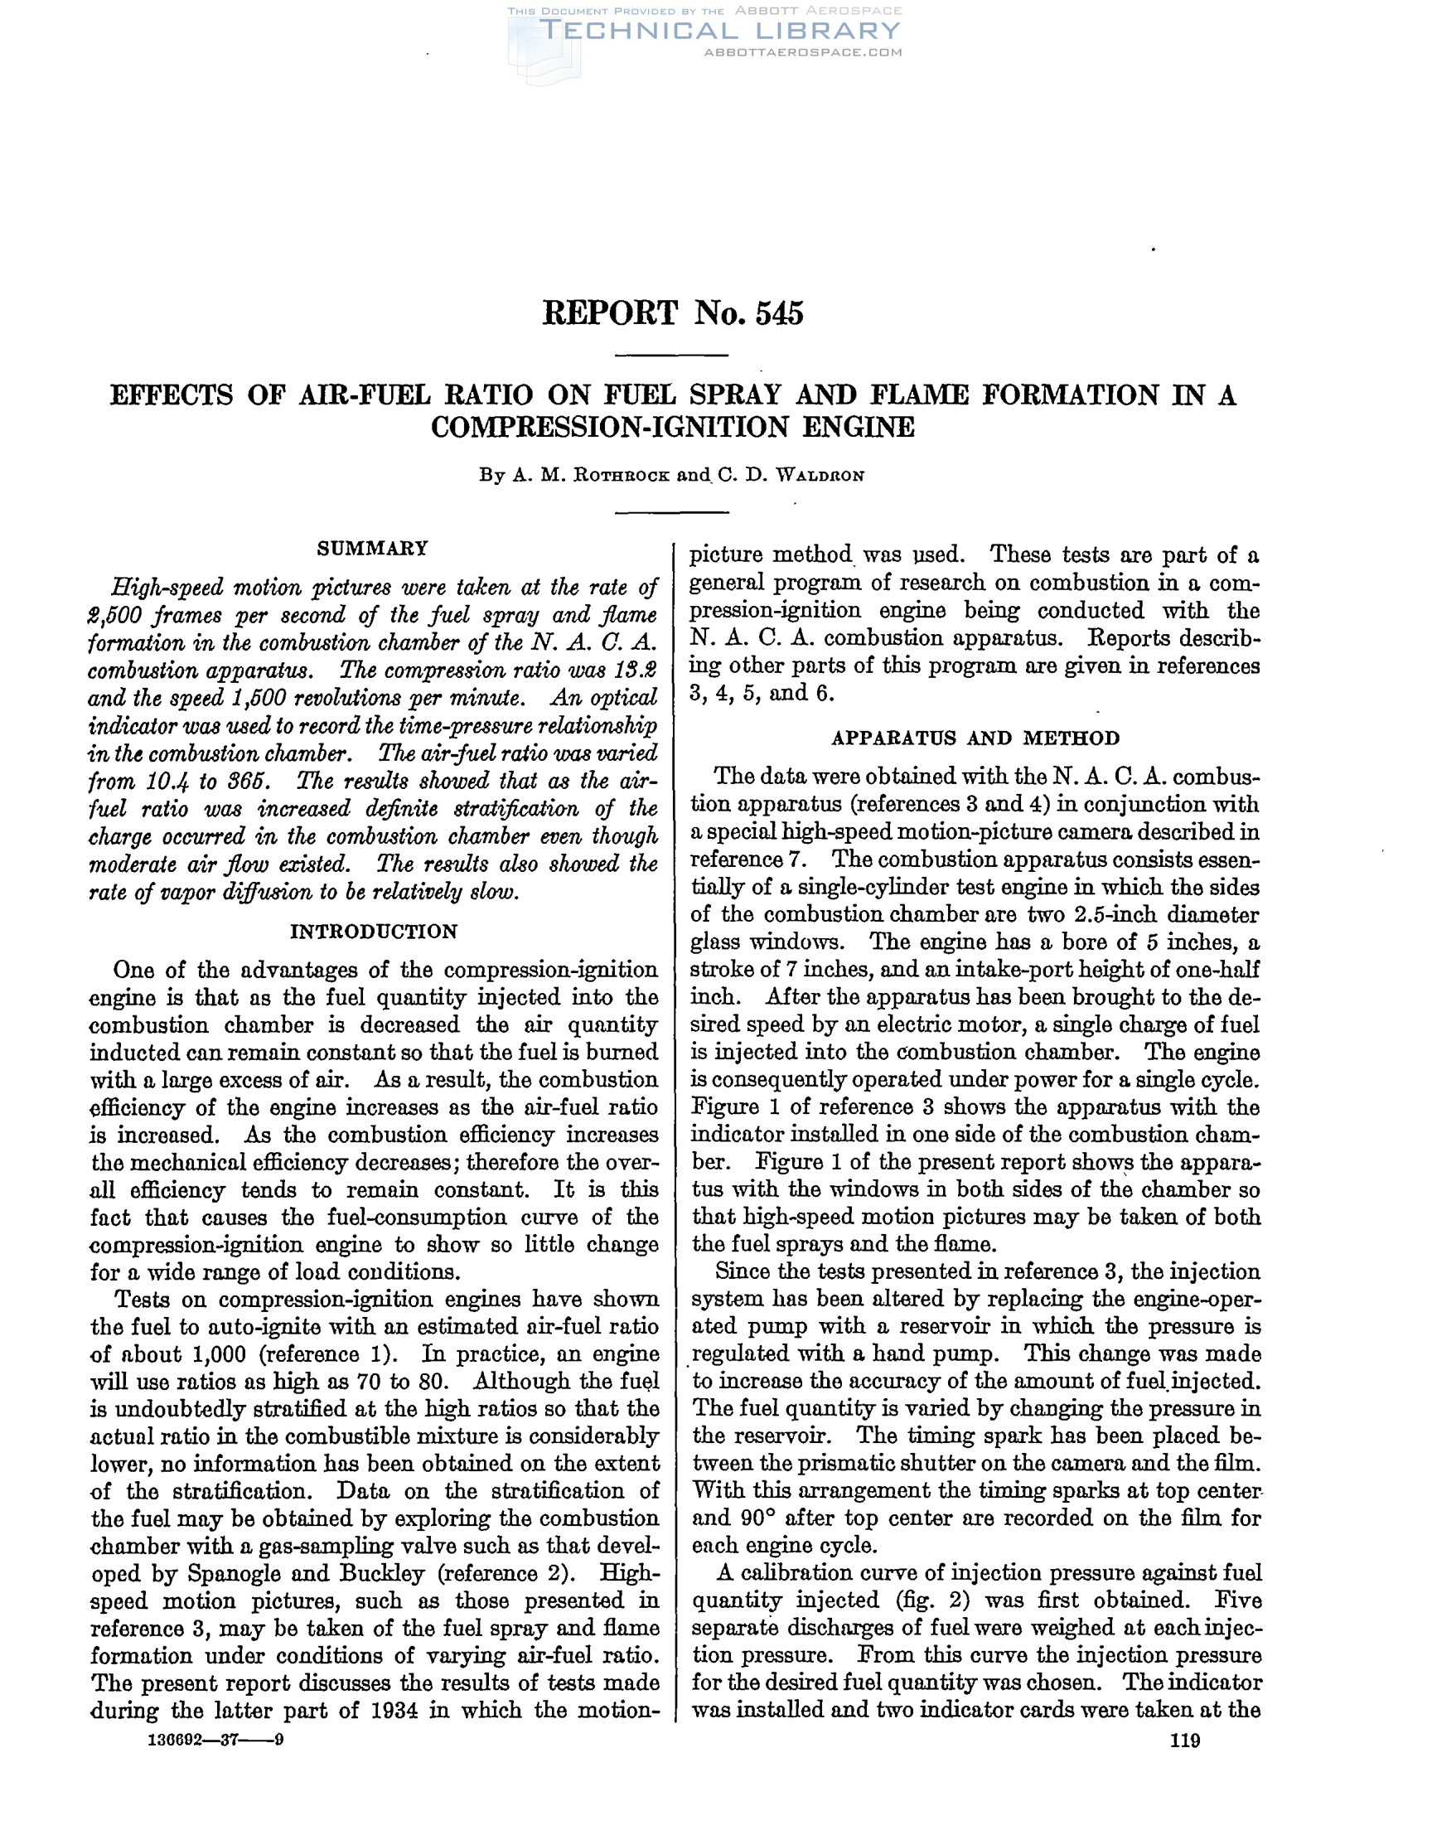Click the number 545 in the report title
click(779, 312)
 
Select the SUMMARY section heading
click(372, 549)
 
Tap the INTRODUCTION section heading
click(373, 931)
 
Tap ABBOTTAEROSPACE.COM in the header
click(802, 52)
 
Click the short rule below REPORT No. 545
click(671, 355)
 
